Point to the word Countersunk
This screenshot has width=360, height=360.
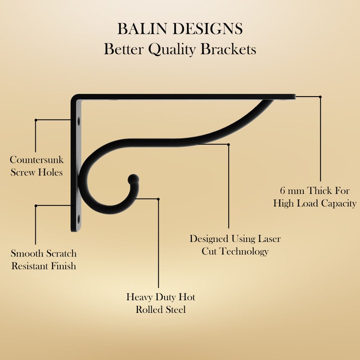point(37,160)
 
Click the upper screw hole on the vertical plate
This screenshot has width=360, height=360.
point(79,122)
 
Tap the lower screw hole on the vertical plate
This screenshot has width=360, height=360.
point(79,219)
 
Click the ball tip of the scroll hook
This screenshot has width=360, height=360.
point(133,179)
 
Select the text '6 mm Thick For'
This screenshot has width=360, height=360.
point(315,191)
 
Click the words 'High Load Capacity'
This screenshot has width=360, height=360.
point(315,204)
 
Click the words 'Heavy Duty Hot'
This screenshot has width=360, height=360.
point(161,297)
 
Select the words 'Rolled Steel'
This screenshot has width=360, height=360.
point(161,310)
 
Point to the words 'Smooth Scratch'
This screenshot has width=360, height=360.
point(44,253)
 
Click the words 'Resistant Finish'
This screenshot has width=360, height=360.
point(44,266)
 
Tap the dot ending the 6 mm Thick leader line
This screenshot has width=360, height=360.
point(320,97)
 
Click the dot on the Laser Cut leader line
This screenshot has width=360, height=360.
point(229,144)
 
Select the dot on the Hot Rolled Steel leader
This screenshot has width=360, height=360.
point(158,199)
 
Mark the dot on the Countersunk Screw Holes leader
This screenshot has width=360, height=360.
point(36,120)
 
